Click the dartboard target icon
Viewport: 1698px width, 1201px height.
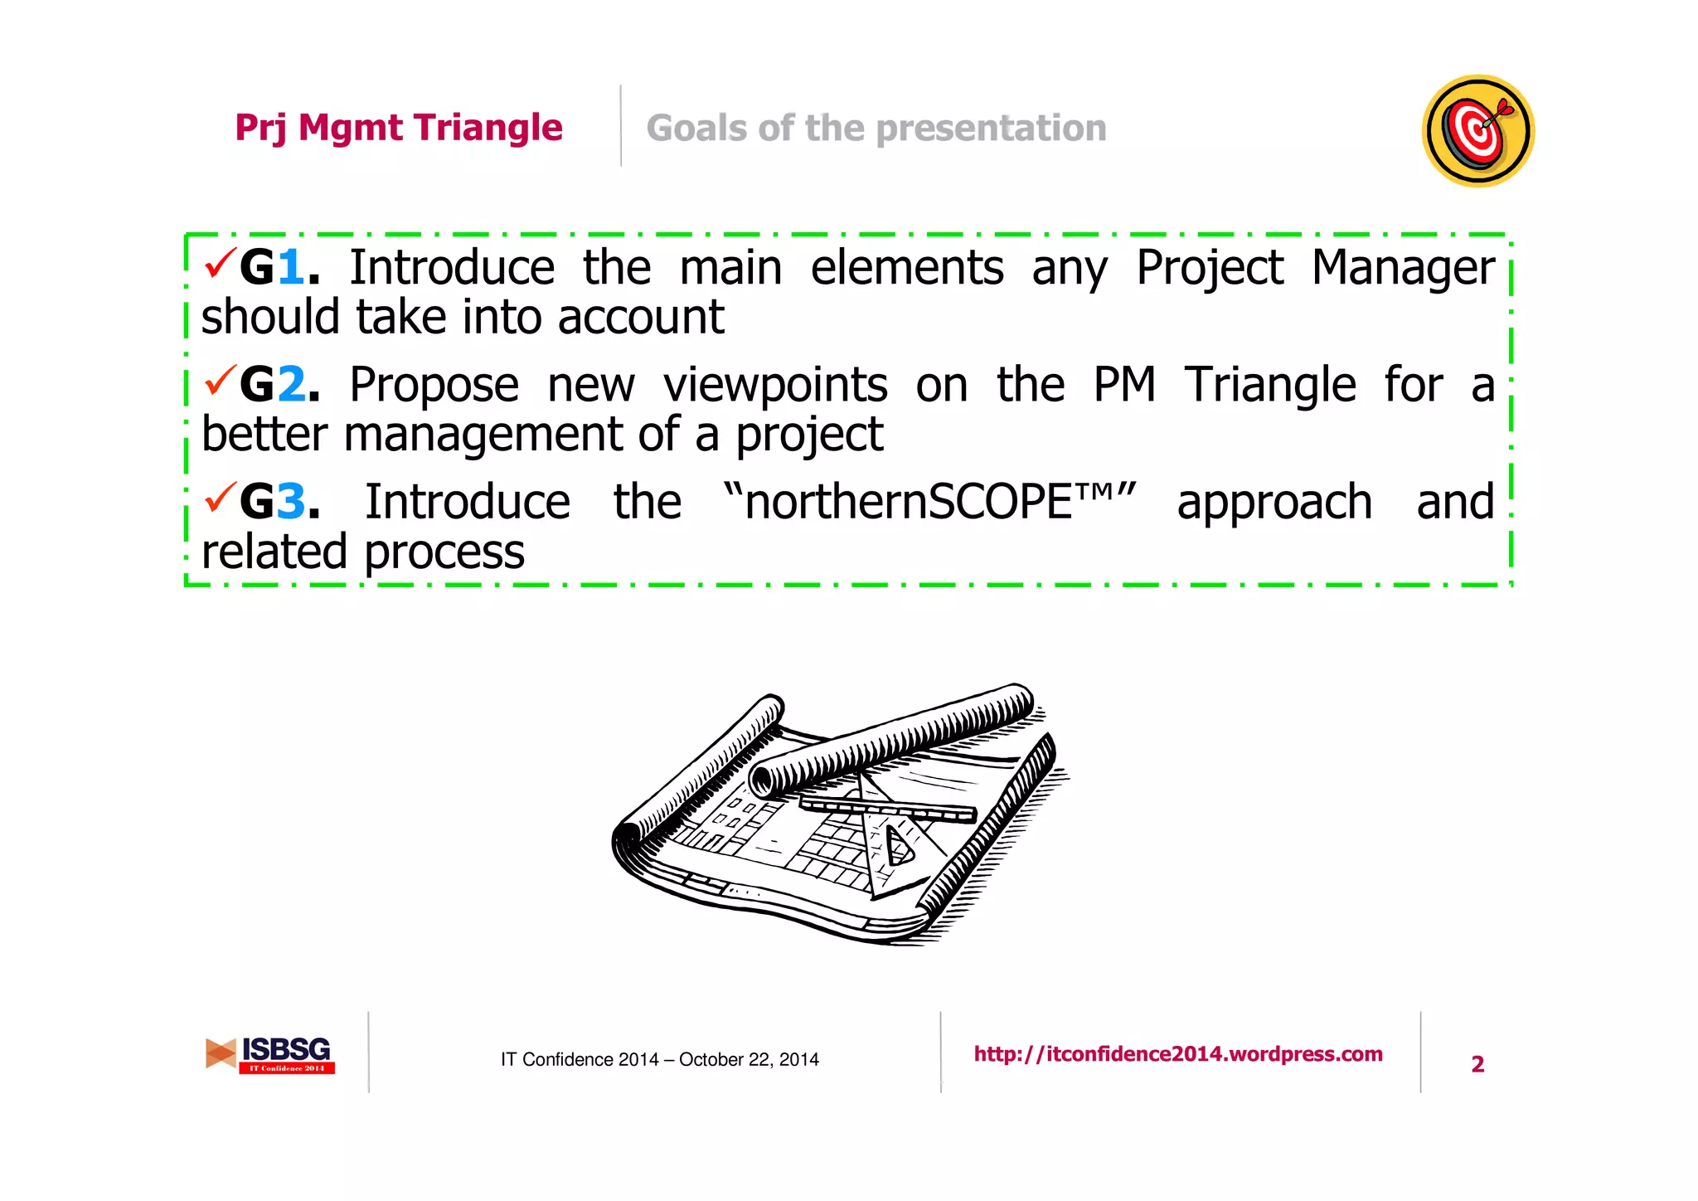coord(1478,131)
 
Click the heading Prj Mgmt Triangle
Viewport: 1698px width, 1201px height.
coord(399,128)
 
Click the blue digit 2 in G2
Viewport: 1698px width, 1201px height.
coord(291,385)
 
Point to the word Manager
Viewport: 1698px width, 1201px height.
coord(1403,269)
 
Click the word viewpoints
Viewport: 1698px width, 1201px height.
coord(775,386)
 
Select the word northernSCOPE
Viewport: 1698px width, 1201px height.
coord(909,503)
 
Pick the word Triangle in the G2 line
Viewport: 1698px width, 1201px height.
coord(1269,386)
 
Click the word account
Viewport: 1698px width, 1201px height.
coord(640,318)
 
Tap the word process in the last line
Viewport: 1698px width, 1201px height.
coord(444,552)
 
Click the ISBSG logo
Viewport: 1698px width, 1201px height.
coord(270,1054)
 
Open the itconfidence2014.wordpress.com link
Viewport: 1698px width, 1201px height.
coord(1177,1054)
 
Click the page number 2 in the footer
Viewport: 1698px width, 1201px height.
coord(1477,1064)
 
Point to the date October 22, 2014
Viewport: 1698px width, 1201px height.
coord(749,1060)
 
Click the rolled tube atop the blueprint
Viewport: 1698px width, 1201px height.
coord(891,738)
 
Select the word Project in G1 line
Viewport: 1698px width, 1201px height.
coord(1209,269)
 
